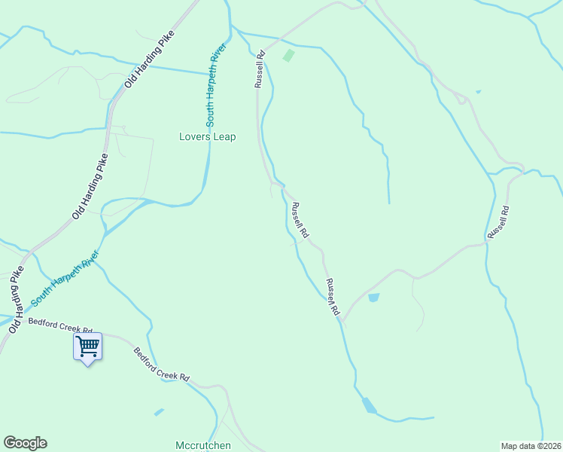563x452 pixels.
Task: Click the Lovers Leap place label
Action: [207, 137]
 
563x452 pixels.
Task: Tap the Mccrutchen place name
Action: [203, 445]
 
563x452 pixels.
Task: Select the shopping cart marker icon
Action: [88, 347]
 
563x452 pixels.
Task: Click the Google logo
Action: [25, 443]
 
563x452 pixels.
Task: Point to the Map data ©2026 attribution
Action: [531, 445]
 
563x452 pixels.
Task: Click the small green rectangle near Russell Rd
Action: [288, 55]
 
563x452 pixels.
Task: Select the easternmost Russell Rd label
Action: [498, 222]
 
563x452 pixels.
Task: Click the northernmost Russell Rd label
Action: [260, 69]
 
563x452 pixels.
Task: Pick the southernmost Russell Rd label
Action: [332, 297]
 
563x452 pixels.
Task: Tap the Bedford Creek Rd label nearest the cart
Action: [60, 325]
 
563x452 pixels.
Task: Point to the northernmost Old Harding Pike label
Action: [151, 57]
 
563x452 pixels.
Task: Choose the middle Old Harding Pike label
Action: [90, 186]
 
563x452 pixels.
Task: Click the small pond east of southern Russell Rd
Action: [373, 298]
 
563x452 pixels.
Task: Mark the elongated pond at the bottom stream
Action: [369, 405]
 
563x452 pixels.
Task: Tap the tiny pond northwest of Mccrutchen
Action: [159, 412]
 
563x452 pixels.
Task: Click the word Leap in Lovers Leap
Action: [224, 137]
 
